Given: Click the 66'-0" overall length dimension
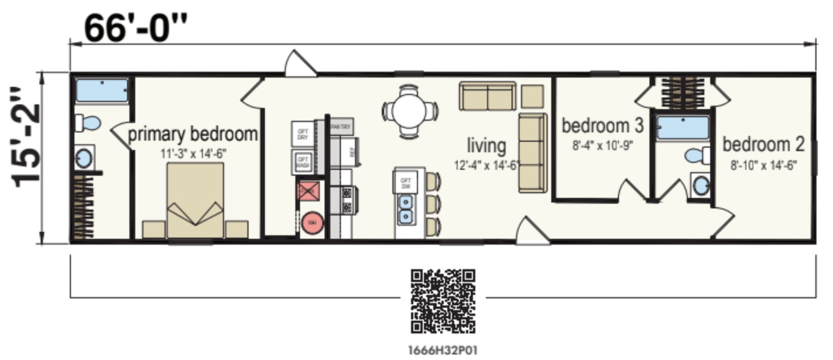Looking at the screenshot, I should coord(136,29).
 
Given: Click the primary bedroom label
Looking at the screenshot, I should coord(193,134).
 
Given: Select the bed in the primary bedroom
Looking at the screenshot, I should coord(195,201).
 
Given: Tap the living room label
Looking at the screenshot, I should coord(486,146).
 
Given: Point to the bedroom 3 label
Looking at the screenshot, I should coord(602,125).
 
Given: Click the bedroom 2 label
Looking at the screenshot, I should coord(763,144).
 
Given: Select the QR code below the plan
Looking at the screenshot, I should coord(443,301).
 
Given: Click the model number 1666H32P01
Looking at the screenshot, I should coord(443,351).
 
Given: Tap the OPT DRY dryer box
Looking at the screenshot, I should coord(302,134).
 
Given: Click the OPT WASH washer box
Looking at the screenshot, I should coord(302,162).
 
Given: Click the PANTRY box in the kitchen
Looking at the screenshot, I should coord(341,127).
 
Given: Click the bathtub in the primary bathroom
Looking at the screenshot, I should coord(102,90).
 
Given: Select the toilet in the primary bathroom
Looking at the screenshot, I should coord(88,122).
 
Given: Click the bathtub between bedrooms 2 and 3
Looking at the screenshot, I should coord(683,128).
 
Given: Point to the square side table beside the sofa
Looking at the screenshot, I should coord(532,96).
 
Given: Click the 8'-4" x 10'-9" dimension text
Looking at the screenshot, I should coord(602,146).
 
